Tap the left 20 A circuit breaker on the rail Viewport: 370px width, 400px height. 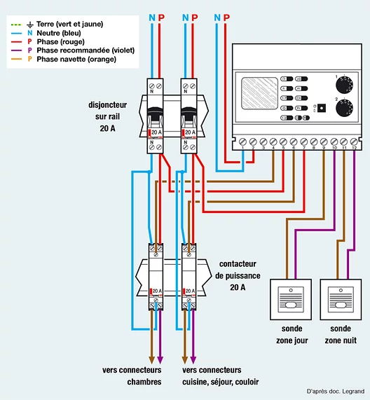156,114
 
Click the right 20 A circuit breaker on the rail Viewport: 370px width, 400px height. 189,114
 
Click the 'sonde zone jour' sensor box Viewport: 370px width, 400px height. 291,299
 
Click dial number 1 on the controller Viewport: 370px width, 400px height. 344,83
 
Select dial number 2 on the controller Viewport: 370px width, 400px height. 344,108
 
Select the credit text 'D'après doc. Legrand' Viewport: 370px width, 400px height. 334,391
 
